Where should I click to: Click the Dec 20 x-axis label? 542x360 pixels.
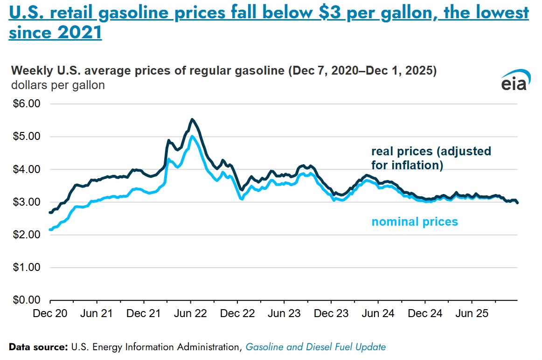pyautogui.click(x=49, y=314)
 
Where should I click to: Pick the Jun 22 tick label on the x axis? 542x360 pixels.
pyautogui.click(x=190, y=314)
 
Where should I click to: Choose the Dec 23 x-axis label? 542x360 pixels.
pyautogui.click(x=331, y=314)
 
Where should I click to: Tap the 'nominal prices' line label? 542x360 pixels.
pyautogui.click(x=415, y=222)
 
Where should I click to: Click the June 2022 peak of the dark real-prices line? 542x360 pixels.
pyautogui.click(x=192, y=119)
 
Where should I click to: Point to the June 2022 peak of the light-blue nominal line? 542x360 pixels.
pyautogui.click(x=192, y=136)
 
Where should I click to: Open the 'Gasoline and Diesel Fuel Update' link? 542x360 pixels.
pyautogui.click(x=316, y=347)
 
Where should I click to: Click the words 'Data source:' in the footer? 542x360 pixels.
pyautogui.click(x=39, y=347)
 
